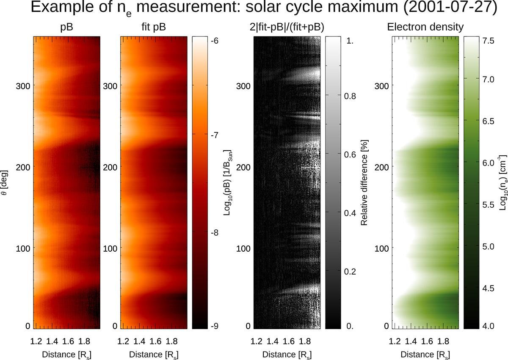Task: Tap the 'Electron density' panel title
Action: [425, 27]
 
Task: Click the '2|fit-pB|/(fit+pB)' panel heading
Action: [287, 27]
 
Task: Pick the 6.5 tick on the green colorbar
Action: [489, 121]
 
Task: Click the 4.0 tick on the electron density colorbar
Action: [489, 326]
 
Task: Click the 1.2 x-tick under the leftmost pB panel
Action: [36, 341]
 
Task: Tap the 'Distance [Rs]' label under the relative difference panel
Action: [287, 354]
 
